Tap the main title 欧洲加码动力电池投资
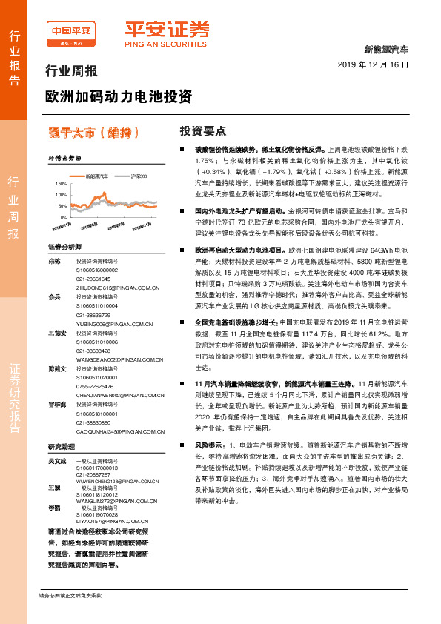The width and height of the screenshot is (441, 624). click(118, 96)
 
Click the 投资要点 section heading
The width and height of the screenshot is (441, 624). click(203, 131)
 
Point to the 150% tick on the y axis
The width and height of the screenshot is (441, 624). click(60, 182)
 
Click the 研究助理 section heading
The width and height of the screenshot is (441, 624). click(62, 447)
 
